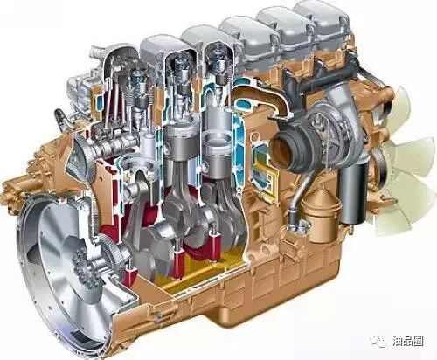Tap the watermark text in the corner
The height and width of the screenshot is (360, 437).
(x=407, y=341)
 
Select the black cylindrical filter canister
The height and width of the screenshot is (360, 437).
(x=351, y=193)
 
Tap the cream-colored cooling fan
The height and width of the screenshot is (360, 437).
(x=404, y=163)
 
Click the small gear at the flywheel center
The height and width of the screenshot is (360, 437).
(x=84, y=268)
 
